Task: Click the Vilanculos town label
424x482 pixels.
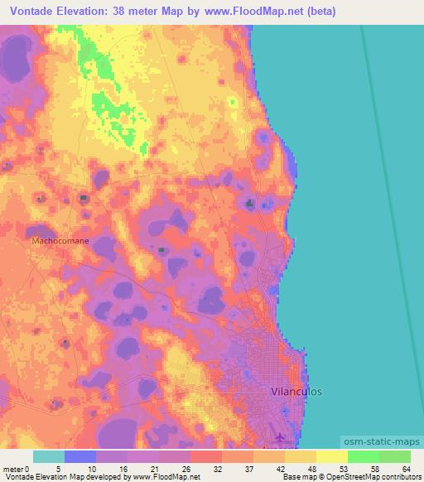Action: (297, 390)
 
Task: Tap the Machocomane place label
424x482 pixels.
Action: (60, 241)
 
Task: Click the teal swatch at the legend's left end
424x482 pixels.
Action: (49, 455)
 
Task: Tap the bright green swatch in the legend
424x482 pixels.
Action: (363, 455)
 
